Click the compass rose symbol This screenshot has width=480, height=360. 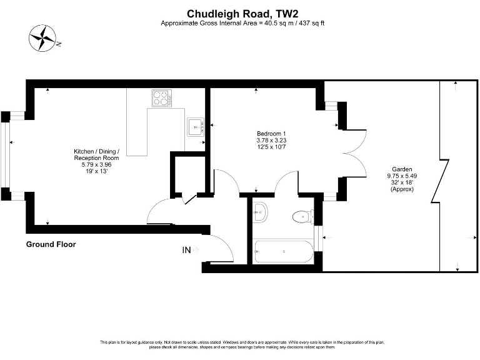coord(43,38)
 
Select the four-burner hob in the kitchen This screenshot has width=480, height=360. coord(161,98)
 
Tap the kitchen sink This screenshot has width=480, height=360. coord(195,126)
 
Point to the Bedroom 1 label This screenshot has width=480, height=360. coord(271,134)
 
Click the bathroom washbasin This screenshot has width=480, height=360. coord(261,213)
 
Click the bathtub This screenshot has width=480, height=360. coord(283,251)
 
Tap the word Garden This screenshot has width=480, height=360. coord(401,169)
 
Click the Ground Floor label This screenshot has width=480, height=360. coord(51,244)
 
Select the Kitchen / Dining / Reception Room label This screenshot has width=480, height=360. coord(96,155)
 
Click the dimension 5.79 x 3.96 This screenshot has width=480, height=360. coord(96,164)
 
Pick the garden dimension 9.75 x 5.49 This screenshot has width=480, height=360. coord(401,176)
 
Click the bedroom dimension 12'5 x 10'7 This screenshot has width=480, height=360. coord(271,147)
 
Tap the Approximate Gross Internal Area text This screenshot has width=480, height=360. coord(242,23)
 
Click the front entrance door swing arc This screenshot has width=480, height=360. coord(222,248)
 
